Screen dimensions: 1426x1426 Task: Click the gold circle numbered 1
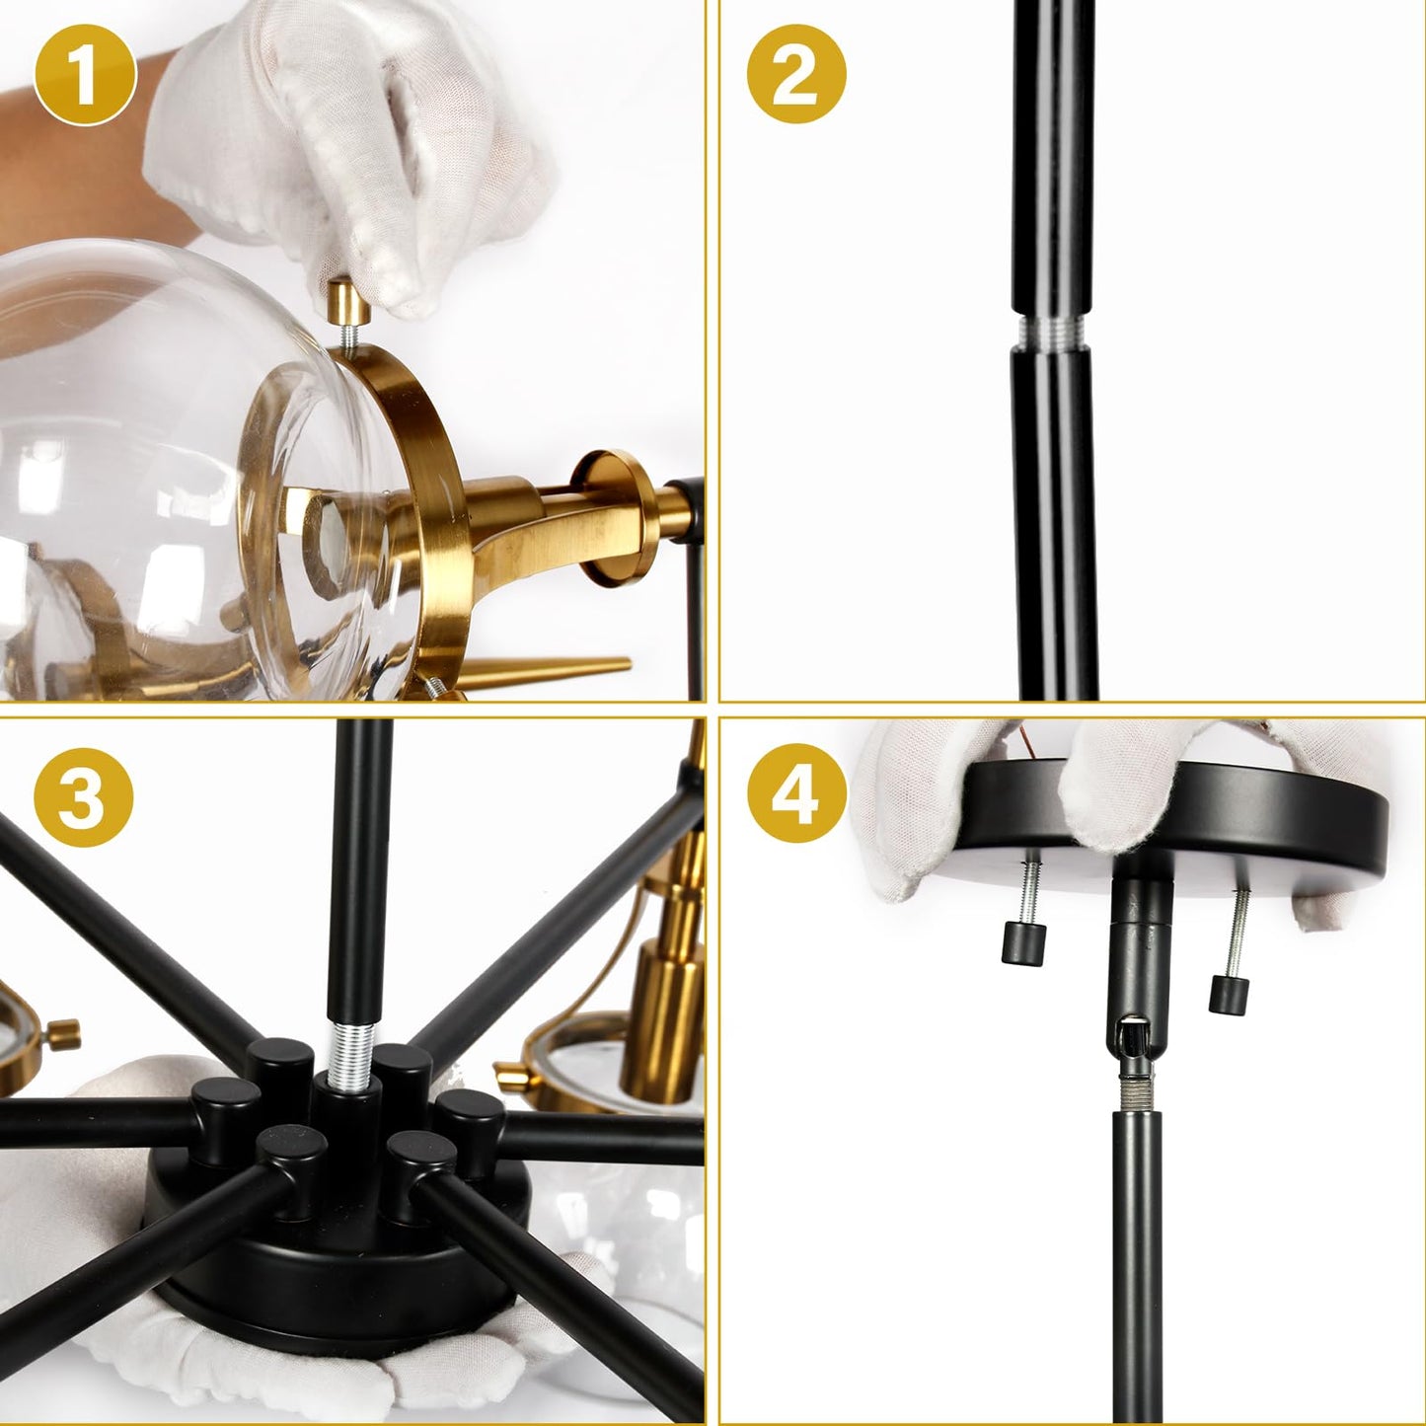point(84,76)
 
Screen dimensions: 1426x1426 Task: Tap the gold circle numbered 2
point(796,76)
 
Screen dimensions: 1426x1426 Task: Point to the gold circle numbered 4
point(796,795)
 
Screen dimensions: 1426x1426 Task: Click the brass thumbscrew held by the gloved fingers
point(348,302)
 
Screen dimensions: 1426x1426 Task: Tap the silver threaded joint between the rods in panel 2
point(1053,329)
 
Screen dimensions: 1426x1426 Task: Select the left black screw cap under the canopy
point(1022,942)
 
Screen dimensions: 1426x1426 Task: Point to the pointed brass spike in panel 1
point(553,668)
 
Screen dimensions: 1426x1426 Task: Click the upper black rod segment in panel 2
point(1051,158)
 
